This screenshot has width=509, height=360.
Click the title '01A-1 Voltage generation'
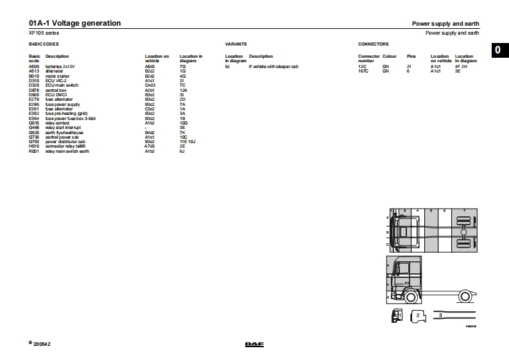(74, 24)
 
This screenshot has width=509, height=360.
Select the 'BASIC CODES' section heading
(44, 44)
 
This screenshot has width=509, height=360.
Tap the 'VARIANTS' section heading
(236, 44)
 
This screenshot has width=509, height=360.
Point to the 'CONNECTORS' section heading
(373, 44)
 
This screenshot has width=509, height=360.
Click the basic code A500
(34, 66)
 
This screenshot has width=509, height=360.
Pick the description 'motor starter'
(56, 76)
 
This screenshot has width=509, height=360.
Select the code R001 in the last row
(34, 151)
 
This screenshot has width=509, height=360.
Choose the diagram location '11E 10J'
(188, 142)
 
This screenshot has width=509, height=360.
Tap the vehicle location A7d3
(150, 147)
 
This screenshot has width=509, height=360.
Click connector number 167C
(363, 71)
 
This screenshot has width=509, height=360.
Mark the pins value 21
(409, 66)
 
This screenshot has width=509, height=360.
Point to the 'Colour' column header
(390, 56)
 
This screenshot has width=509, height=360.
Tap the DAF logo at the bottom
(254, 345)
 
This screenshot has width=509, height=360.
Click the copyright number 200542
(42, 345)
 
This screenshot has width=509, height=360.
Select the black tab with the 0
(500, 51)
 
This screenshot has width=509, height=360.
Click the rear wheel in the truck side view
(465, 296)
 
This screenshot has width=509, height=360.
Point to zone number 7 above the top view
(464, 210)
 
